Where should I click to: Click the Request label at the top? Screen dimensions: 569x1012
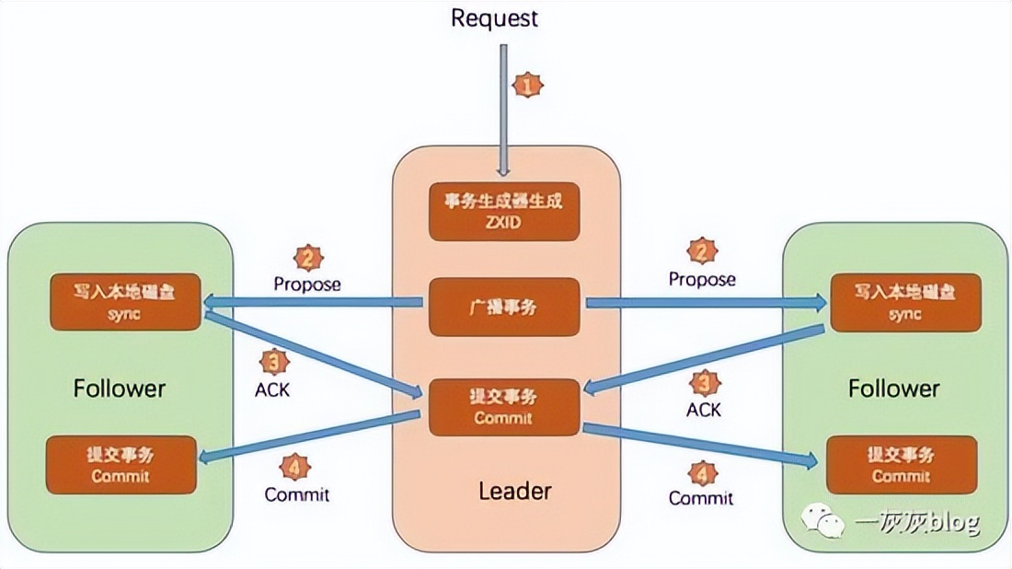(494, 17)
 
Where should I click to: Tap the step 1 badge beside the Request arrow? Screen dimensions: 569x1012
(526, 85)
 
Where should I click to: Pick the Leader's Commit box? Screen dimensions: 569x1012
(504, 406)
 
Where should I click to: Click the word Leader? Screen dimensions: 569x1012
(514, 491)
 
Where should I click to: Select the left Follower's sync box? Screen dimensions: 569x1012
(124, 301)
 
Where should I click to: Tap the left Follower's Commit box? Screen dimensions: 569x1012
(121, 465)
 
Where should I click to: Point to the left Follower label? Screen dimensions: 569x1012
(120, 388)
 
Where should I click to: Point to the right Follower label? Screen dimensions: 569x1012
(893, 388)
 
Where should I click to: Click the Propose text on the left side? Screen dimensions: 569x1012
(306, 284)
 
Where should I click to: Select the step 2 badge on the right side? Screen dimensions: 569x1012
(702, 250)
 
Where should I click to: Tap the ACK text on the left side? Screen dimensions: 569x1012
(271, 389)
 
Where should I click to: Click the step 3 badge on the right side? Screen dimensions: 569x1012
(704, 381)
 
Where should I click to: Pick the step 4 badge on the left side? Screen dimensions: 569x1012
(294, 468)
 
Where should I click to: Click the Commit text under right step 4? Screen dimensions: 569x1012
(700, 498)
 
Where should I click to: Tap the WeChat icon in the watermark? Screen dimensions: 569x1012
(824, 521)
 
